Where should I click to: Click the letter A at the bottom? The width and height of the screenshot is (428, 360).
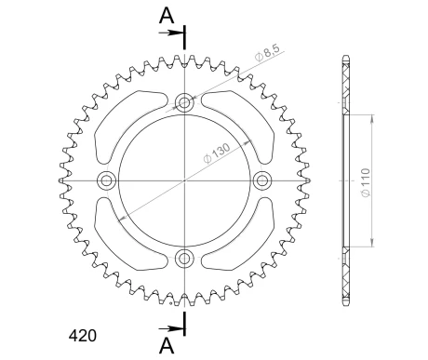tap(165, 344)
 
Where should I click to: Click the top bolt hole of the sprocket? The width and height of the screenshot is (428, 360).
tap(184, 102)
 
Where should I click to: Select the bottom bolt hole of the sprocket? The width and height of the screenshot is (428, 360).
tap(184, 258)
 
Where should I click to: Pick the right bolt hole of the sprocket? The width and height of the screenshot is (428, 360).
tap(262, 180)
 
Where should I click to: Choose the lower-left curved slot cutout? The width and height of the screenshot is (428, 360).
tap(123, 241)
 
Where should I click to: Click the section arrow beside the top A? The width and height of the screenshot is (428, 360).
tap(172, 33)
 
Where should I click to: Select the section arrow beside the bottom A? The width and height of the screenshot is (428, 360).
tap(172, 327)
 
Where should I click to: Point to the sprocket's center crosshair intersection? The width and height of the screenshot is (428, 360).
tap(184, 180)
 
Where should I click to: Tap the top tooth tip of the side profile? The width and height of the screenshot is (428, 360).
tap(346, 59)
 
